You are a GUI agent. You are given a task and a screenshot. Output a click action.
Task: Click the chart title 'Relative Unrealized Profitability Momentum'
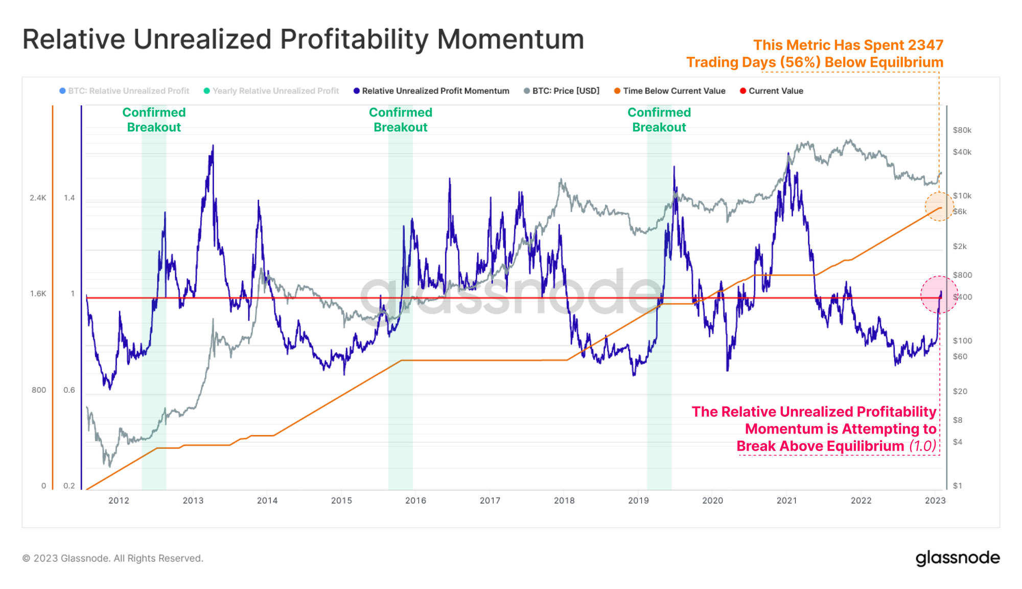click(303, 39)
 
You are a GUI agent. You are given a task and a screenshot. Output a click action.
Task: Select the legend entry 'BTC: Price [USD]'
click(566, 91)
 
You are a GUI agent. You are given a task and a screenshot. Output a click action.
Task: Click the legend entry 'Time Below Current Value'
click(673, 91)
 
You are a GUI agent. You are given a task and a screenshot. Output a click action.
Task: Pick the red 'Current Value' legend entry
click(775, 91)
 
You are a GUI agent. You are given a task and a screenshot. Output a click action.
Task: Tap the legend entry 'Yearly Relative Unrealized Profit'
click(275, 91)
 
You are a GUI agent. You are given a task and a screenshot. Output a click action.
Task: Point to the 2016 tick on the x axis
click(415, 501)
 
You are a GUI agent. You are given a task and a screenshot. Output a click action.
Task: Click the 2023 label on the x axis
click(935, 501)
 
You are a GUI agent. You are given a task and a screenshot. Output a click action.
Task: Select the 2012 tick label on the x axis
click(119, 501)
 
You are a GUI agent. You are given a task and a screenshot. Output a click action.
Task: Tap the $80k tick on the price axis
click(962, 130)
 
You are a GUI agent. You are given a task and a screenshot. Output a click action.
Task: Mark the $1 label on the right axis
click(957, 486)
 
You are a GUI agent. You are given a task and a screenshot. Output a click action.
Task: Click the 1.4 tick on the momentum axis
click(69, 198)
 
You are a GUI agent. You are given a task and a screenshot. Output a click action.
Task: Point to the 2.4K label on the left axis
click(38, 198)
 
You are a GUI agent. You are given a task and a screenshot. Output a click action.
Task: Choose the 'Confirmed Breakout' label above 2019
click(659, 120)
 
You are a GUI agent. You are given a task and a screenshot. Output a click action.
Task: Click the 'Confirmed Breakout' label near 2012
click(154, 120)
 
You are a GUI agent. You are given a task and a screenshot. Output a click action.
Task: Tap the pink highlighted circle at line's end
click(939, 294)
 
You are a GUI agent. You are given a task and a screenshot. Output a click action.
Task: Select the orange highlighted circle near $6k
click(939, 207)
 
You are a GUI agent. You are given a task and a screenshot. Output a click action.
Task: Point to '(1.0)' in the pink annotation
click(922, 446)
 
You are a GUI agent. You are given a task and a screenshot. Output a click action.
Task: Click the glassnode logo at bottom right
click(957, 558)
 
